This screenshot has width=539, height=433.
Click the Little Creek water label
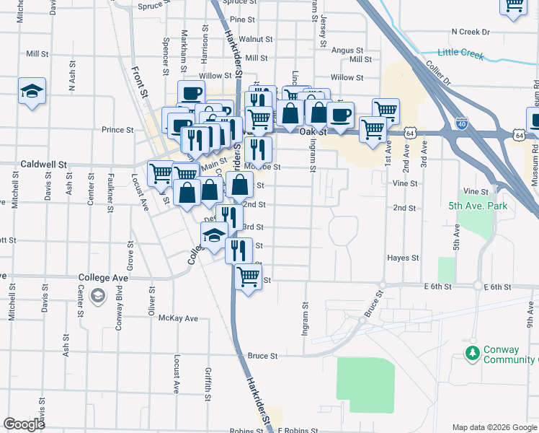tap(462, 52)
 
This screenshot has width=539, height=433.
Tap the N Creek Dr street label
tap(470, 32)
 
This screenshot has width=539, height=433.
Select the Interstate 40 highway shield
tap(461, 124)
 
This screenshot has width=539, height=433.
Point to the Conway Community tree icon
tap(472, 354)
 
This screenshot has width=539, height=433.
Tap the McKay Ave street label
tap(178, 318)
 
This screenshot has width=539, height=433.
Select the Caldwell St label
tap(43, 165)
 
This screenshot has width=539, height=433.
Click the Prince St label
tap(117, 130)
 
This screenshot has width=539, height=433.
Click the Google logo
tap(24, 424)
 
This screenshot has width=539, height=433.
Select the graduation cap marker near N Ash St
tap(32, 92)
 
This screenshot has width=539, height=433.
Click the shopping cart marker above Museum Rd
tap(514, 4)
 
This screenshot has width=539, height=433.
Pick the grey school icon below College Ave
tap(99, 296)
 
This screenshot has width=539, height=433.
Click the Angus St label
tap(347, 50)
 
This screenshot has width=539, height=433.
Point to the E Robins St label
tap(298, 430)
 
